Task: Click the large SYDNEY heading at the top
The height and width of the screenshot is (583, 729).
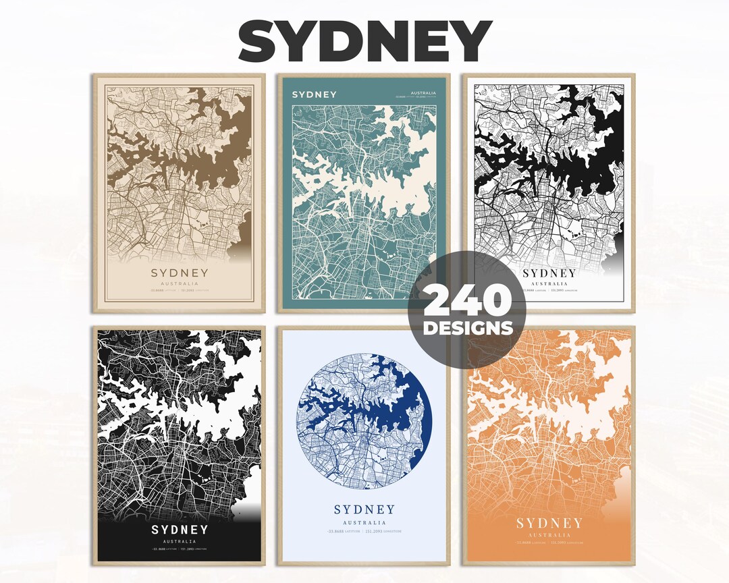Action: pos(364,42)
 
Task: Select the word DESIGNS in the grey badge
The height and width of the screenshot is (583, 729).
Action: pos(468,329)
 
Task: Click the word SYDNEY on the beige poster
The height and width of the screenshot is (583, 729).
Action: pos(180,273)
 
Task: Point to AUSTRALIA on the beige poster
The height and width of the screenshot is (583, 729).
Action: pos(180,284)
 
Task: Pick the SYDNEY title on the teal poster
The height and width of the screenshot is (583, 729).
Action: pos(314,94)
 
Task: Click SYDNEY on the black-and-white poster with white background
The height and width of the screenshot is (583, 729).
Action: pos(549,273)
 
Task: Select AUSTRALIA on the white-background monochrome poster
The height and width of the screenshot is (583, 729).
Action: pos(549,284)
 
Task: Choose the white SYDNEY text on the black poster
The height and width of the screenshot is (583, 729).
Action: pos(179,530)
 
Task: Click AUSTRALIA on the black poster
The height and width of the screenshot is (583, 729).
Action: pos(179,541)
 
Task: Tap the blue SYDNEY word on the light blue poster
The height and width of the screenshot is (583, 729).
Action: pos(364,509)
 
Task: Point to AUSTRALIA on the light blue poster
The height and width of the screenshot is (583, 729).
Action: pos(364,522)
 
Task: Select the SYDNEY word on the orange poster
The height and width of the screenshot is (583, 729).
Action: pos(549,524)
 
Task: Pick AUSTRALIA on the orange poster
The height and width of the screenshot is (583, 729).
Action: pos(549,534)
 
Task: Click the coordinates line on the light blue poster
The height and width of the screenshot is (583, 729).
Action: pos(364,532)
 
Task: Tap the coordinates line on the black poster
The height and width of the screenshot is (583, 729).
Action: pos(179,550)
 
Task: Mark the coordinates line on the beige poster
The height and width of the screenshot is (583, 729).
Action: pos(180,291)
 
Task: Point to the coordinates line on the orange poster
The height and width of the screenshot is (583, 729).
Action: pos(549,543)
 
